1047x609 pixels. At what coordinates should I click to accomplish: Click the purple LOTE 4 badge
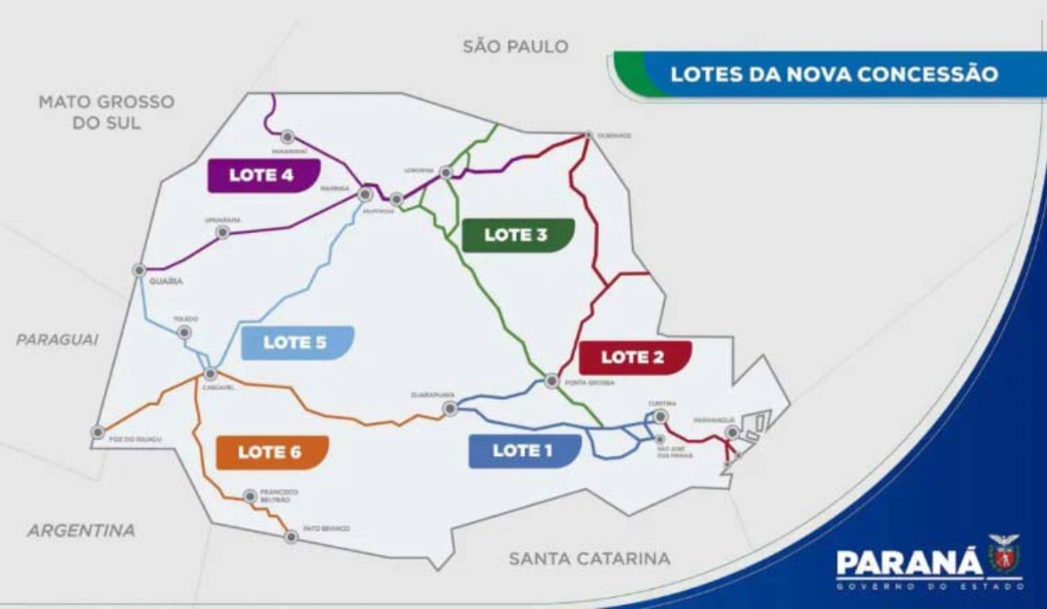[263, 175]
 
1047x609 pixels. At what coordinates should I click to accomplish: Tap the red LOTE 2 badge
[634, 357]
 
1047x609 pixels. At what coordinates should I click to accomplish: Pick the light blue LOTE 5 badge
[296, 343]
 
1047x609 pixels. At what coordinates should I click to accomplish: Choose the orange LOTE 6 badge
[270, 452]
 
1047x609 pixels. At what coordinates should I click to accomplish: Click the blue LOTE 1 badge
[523, 450]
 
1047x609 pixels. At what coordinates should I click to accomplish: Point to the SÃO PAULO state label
[516, 47]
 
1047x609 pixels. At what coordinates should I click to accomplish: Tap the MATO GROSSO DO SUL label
[106, 112]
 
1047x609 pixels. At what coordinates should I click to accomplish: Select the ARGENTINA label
[81, 530]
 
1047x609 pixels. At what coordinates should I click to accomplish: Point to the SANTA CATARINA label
[589, 558]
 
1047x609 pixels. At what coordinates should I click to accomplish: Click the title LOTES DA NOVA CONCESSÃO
[834, 75]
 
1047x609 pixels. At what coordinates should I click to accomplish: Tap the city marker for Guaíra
[140, 270]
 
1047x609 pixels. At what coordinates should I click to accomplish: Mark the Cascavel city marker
[211, 373]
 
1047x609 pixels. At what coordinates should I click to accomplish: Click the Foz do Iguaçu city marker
[98, 432]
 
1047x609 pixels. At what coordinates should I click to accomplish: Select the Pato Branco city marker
[291, 537]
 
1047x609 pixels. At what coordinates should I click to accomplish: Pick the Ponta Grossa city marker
[551, 381]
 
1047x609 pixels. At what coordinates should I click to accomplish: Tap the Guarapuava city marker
[451, 409]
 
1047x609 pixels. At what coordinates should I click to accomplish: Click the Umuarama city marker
[223, 232]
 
